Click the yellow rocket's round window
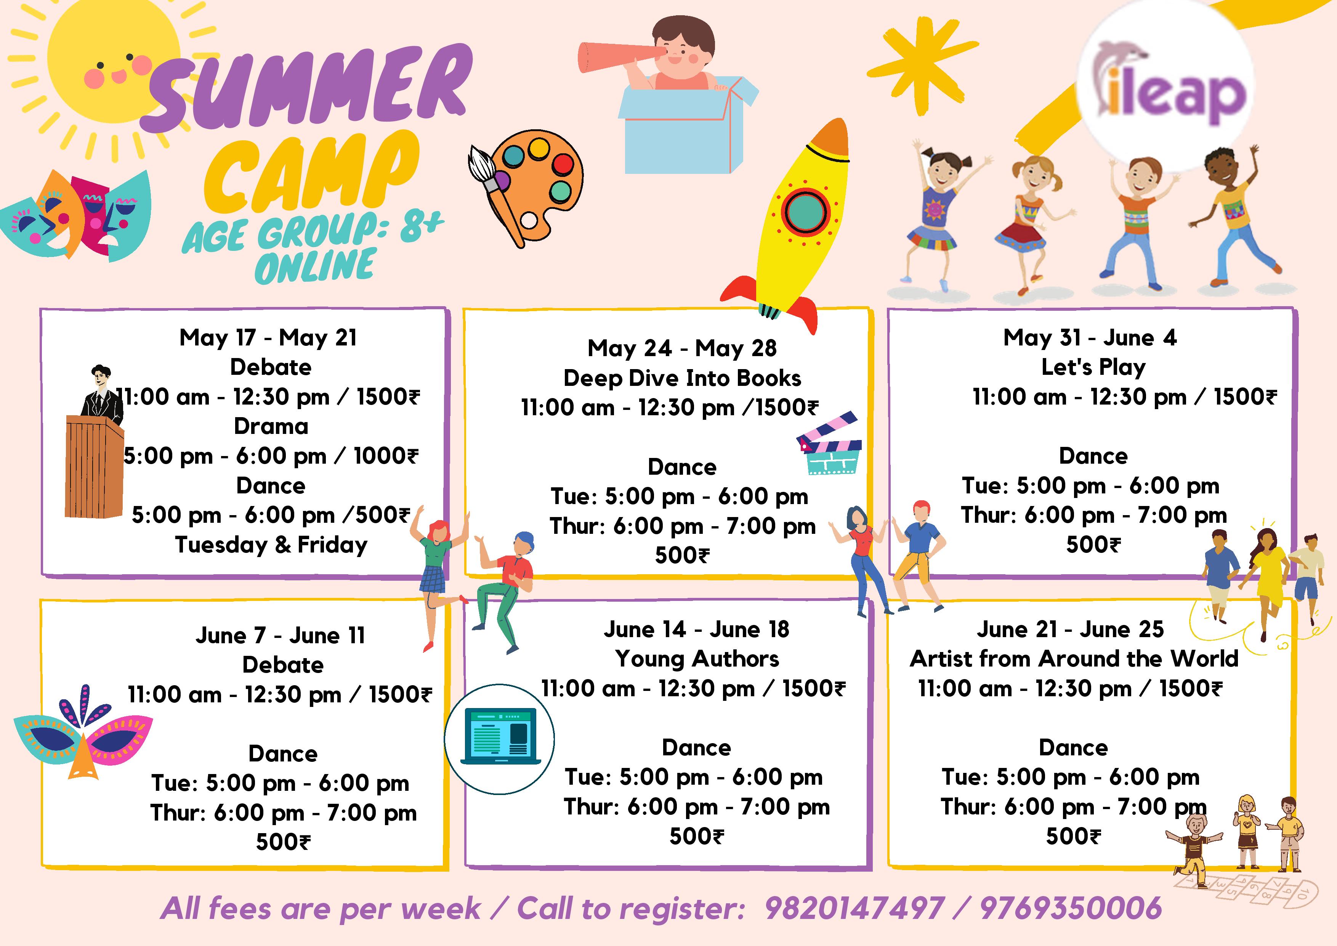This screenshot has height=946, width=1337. [x=805, y=212]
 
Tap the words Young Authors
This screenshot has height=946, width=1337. [x=697, y=659]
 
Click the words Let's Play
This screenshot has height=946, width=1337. [x=1093, y=367]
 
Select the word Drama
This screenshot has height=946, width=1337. [x=271, y=426]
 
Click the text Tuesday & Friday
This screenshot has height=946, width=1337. [x=271, y=544]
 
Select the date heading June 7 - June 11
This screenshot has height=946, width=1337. [x=281, y=635]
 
